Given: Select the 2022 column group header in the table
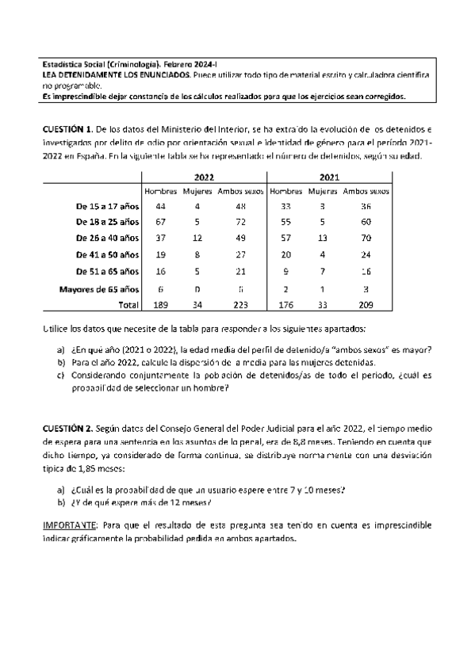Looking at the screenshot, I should click(x=204, y=178).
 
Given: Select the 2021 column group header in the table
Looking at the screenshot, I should click(x=329, y=178).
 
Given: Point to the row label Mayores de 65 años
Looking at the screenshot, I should click(x=99, y=288).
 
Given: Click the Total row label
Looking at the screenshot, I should click(x=128, y=304).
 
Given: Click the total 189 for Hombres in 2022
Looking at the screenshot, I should click(x=161, y=304).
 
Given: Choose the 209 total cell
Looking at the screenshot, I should click(x=363, y=304).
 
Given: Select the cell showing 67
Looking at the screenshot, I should click(x=161, y=220).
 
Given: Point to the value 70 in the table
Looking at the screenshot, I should click(x=363, y=237).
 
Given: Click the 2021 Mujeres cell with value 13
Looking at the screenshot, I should click(x=320, y=237).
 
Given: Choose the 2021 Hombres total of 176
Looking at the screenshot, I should click(x=285, y=304).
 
